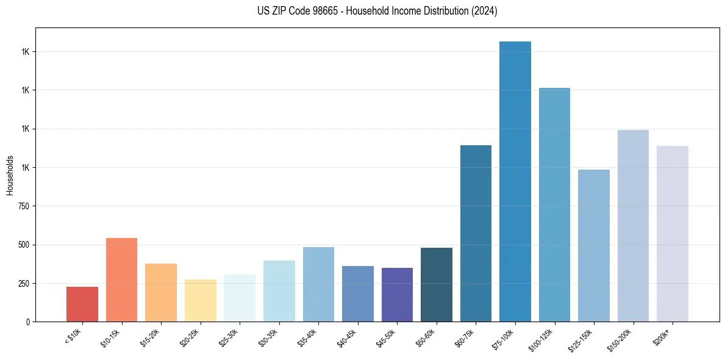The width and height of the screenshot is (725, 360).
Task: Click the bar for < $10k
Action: [x=82, y=304]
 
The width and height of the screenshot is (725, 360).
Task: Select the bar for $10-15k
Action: [x=121, y=279]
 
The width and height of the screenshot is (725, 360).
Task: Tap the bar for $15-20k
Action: [x=161, y=292]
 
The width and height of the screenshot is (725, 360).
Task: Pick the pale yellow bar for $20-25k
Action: [x=201, y=300]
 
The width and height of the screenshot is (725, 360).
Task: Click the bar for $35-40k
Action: [x=318, y=284]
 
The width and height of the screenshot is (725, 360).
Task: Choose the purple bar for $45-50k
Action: [x=397, y=294]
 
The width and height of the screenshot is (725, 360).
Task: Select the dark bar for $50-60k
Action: [x=437, y=284]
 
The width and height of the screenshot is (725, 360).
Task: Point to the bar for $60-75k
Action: [x=476, y=233]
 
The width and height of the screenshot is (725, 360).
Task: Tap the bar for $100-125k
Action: [x=554, y=204]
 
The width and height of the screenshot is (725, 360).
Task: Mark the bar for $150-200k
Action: [x=633, y=226]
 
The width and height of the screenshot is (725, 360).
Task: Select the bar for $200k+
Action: [x=673, y=234]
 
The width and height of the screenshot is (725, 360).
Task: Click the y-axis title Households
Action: [x=10, y=175]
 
